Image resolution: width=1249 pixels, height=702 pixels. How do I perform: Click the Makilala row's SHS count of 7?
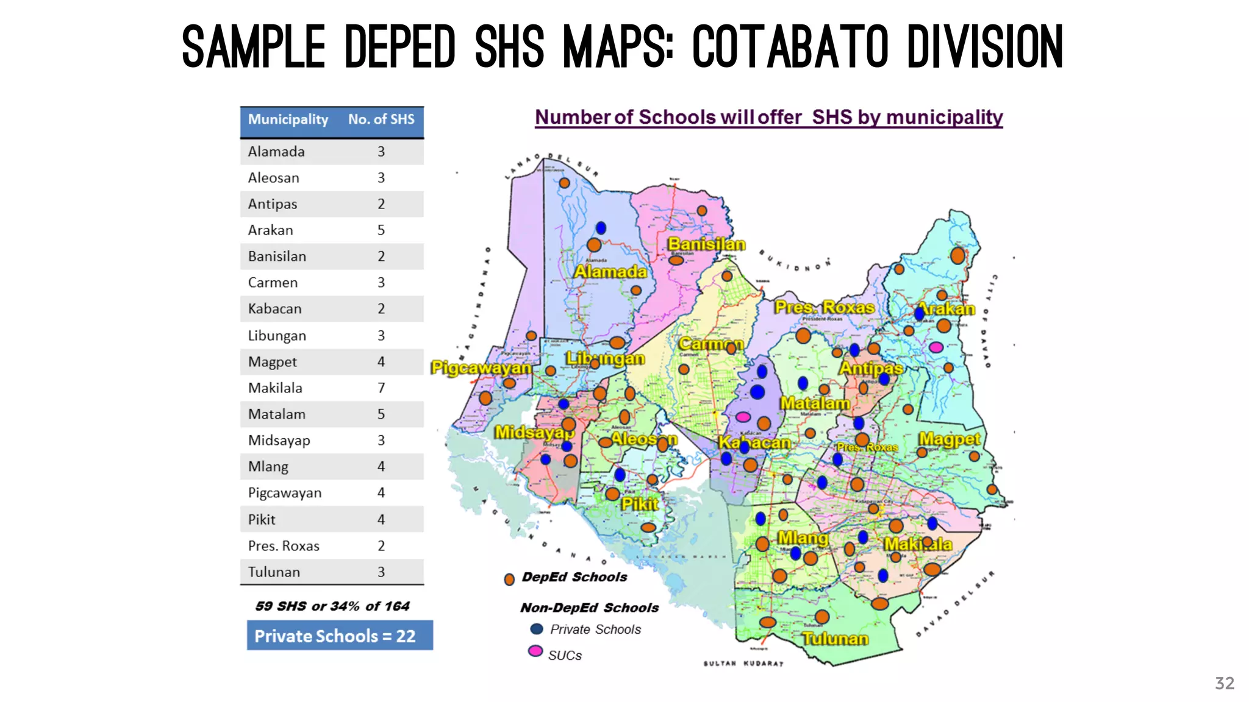point(381,388)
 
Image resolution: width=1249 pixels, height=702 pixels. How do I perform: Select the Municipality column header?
point(288,119)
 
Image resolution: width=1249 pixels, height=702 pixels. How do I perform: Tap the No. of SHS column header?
point(381,119)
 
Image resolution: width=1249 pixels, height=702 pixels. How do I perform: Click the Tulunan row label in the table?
point(274,572)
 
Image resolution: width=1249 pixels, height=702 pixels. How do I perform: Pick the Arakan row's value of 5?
point(381,230)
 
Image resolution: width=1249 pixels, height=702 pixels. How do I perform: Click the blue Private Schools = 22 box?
point(340,636)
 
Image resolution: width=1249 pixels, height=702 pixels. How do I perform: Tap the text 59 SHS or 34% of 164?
point(332,606)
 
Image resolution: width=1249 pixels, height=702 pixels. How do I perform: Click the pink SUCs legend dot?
point(535,651)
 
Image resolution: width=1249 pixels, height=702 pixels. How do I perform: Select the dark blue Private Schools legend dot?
point(537,629)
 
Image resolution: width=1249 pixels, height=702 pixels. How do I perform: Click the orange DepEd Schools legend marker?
point(509,579)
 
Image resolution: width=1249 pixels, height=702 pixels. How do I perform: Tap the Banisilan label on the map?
point(706,244)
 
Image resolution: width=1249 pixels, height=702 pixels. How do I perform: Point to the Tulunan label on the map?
point(835,639)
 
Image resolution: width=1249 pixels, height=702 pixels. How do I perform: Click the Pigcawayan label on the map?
point(481,368)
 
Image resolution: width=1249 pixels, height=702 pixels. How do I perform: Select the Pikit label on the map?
point(640,504)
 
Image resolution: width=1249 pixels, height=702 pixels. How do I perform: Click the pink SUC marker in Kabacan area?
point(743,417)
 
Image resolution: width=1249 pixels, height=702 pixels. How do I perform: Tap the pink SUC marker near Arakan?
point(936,347)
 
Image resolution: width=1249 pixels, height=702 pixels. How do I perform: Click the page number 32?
point(1224,683)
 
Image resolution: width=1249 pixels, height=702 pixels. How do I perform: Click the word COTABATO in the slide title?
point(790,47)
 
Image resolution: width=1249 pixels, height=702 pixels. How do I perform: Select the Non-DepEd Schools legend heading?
point(589,608)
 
